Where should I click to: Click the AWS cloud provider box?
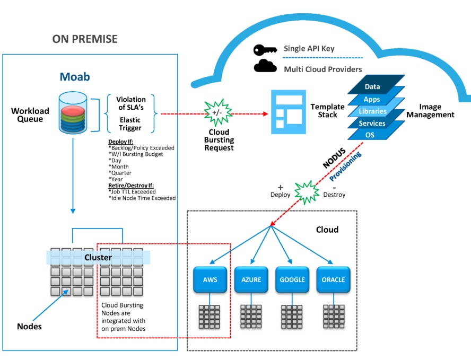point(210,280)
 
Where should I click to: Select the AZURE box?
point(251,280)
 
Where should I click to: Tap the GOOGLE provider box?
point(292,280)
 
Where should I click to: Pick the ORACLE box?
point(333,280)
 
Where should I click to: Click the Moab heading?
point(74,77)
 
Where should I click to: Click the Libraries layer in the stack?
point(372,111)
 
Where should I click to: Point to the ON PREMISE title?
point(85,39)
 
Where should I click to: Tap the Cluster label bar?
point(98,258)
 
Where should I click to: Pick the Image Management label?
point(437,111)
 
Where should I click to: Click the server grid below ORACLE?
point(333,317)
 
